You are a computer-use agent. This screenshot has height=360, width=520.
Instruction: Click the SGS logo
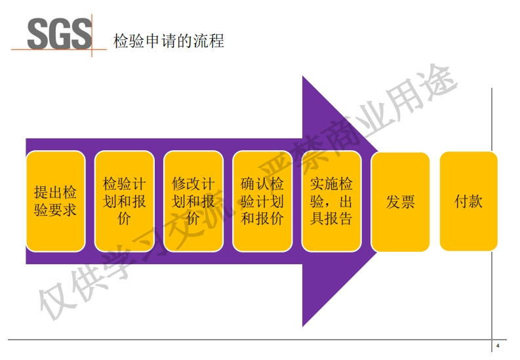[x=59, y=33]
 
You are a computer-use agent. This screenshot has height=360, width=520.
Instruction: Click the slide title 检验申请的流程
[x=169, y=41]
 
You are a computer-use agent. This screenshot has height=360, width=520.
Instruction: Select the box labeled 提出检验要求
[x=55, y=201]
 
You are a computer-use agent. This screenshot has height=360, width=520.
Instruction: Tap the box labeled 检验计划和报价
[x=125, y=201]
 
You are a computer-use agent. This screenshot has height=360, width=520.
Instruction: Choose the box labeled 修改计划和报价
[x=193, y=201]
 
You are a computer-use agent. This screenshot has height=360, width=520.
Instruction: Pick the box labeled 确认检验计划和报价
[x=262, y=201]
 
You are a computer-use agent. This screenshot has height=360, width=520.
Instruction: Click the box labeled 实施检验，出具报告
[x=331, y=201]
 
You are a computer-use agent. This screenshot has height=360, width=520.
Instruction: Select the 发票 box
[x=400, y=201]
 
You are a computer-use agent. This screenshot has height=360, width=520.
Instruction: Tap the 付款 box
[x=468, y=201]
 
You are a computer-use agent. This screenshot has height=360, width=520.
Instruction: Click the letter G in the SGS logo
[x=59, y=33]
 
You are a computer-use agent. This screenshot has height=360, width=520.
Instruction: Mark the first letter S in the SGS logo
[x=38, y=33]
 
